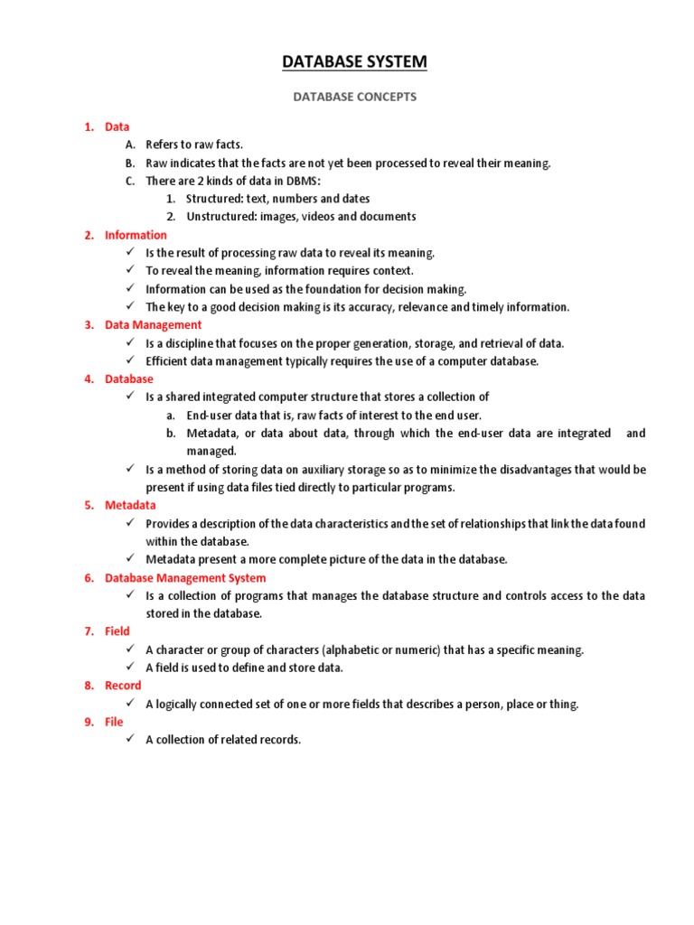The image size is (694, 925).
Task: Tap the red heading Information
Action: coord(136,235)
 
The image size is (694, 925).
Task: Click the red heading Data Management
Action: coord(153,325)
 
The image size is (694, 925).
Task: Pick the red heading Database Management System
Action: coord(185,578)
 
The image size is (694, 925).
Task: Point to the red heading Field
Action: coord(117,631)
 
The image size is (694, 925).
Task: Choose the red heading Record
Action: coord(123,686)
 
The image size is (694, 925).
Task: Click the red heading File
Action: coord(114,722)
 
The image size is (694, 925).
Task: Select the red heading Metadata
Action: coord(130,506)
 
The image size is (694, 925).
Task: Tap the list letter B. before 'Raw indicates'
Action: coord(130,163)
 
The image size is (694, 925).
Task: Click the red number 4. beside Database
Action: coord(89,379)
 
